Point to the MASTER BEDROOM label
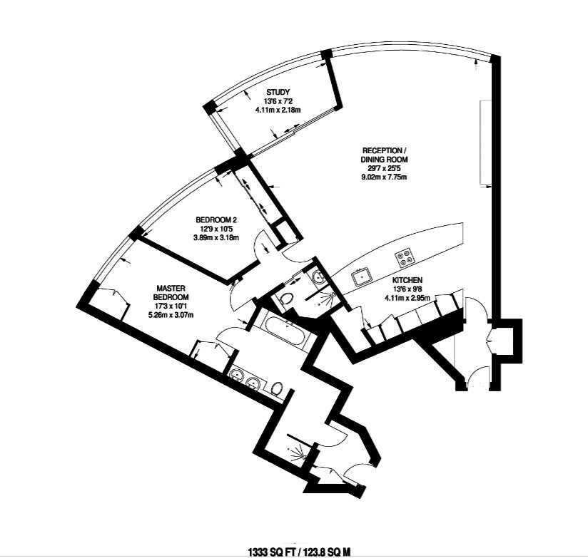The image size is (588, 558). tap(172, 292)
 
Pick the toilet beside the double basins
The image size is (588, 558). tap(278, 387)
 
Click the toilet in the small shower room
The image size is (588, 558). tap(287, 298)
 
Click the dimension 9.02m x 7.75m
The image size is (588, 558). tap(384, 177)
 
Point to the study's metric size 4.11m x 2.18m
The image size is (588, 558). tap(278, 111)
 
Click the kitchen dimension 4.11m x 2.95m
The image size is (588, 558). tap(408, 299)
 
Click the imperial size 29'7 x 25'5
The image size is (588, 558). tap(384, 168)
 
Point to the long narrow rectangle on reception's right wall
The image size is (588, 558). tap(484, 142)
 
